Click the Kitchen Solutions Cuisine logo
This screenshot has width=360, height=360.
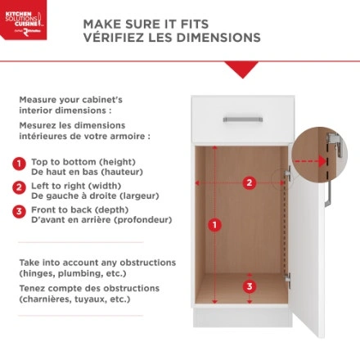click(23, 20)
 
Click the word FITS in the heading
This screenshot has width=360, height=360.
click(195, 25)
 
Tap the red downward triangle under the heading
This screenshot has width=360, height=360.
click(242, 70)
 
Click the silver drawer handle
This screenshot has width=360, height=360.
click(243, 119)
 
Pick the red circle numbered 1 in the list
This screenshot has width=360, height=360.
click(19, 164)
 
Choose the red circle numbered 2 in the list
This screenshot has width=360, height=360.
click(19, 187)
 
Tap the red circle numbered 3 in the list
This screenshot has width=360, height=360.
click(19, 212)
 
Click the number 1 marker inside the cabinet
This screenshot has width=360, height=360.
click(215, 225)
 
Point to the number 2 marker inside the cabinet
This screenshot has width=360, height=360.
click(250, 182)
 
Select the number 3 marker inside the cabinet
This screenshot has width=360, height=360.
click(250, 286)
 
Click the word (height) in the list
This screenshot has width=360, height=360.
click(117, 162)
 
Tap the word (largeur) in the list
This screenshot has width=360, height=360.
click(140, 196)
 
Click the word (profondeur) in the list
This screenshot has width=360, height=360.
click(142, 220)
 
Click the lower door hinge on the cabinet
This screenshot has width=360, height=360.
click(287, 279)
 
